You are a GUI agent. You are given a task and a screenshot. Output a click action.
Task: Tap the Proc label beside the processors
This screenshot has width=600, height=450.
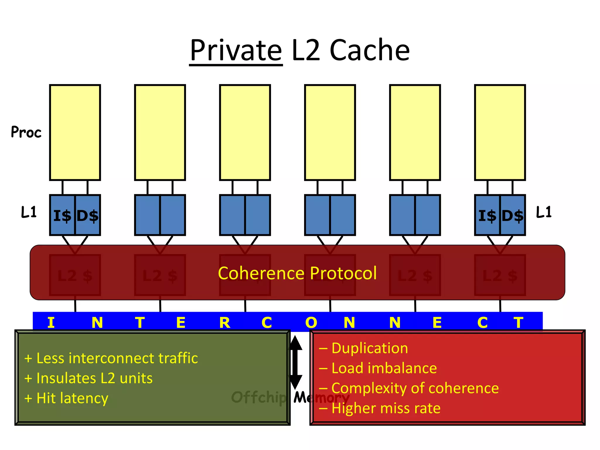coord(26,132)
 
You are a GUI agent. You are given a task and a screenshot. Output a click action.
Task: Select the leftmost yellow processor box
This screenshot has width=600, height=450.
coord(75,132)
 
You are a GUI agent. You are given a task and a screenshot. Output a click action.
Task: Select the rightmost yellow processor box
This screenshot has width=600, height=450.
coord(500,132)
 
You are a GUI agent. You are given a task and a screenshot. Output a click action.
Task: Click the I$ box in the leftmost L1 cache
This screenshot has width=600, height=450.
coord(62,215)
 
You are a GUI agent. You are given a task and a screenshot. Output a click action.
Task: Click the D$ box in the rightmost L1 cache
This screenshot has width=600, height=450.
coord(512,215)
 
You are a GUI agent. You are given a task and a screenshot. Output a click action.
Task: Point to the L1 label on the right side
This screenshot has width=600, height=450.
coord(544,212)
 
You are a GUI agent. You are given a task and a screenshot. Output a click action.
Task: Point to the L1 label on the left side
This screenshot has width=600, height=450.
coord(29,212)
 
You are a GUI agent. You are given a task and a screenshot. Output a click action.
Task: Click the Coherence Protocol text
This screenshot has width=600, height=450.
coord(297,273)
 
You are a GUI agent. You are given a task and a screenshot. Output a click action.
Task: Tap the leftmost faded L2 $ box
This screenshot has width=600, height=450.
coord(75,275)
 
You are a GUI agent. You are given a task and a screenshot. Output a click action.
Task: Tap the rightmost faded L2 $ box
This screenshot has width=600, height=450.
coord(500,275)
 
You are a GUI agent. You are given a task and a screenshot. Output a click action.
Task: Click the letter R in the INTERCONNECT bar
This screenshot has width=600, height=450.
coord(225,323)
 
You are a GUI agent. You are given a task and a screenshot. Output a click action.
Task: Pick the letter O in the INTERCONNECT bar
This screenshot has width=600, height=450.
coord(311,323)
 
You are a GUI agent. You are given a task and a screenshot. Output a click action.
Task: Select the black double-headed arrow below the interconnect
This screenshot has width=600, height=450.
coord(295,362)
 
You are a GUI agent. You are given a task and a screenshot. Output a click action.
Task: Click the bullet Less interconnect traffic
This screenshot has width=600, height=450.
coord(111,358)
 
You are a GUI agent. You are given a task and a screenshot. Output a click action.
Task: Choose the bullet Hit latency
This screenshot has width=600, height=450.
coord(67,398)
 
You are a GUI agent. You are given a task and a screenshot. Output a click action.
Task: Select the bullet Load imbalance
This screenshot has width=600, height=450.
coord(378,368)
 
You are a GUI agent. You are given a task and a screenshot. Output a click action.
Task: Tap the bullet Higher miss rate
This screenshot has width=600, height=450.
coord(380,408)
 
